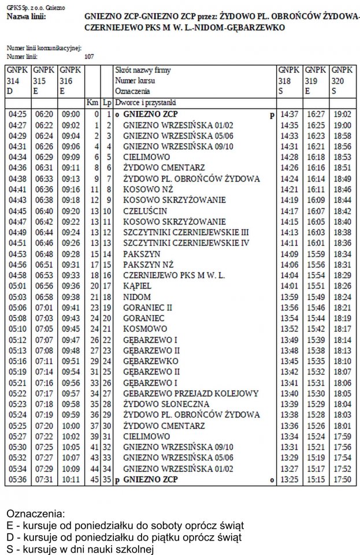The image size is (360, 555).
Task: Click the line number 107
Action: pyautogui.click(x=89, y=56)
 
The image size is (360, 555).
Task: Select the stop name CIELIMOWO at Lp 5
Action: pyautogui.click(x=147, y=157)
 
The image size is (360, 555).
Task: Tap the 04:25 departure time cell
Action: pyautogui.click(x=18, y=115)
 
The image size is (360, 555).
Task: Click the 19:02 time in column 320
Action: pyautogui.click(x=343, y=115)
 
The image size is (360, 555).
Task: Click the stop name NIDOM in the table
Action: pyautogui.click(x=137, y=297)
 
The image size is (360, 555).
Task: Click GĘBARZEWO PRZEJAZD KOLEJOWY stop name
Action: pyautogui.click(x=191, y=394)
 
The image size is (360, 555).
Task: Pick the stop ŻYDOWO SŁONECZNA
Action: pyautogui.click(x=166, y=404)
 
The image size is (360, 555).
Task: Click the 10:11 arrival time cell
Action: pyautogui.click(x=72, y=480)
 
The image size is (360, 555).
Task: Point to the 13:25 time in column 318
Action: pyautogui.click(x=289, y=480)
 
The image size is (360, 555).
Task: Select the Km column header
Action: pyautogui.click(x=92, y=102)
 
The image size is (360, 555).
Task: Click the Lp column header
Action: pyautogui.click(x=106, y=102)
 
